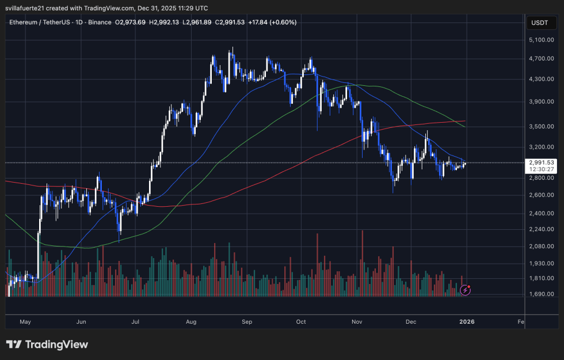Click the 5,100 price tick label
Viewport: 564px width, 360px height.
541,40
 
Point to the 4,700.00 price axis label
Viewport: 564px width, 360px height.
541,58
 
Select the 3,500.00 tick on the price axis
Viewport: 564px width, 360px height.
541,126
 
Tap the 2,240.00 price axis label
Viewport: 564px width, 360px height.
541,229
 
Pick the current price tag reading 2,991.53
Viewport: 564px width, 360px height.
541,162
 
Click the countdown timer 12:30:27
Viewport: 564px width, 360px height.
541,169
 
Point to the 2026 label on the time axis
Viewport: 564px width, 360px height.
466,323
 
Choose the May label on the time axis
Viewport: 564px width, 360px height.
25,323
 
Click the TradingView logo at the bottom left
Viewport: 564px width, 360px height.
47,344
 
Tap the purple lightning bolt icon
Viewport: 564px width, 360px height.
466,290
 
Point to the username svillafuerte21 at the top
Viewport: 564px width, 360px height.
29,8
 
